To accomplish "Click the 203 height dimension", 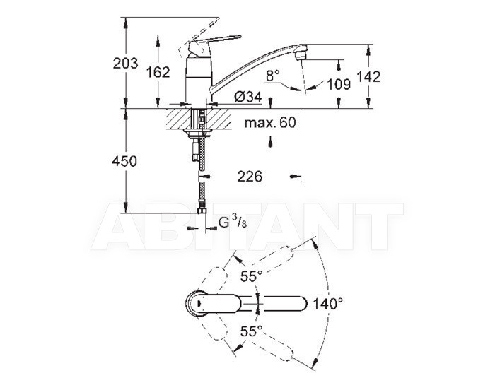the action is point(126,64).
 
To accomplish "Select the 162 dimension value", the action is point(158,72).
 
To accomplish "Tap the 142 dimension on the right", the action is point(368,77).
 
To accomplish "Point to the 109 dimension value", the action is point(339,84).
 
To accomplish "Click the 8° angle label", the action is point(273,76).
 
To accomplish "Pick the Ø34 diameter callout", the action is point(248,97).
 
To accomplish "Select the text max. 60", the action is point(270,122).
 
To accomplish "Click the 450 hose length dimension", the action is point(124,162).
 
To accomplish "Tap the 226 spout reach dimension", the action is point(250,177).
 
